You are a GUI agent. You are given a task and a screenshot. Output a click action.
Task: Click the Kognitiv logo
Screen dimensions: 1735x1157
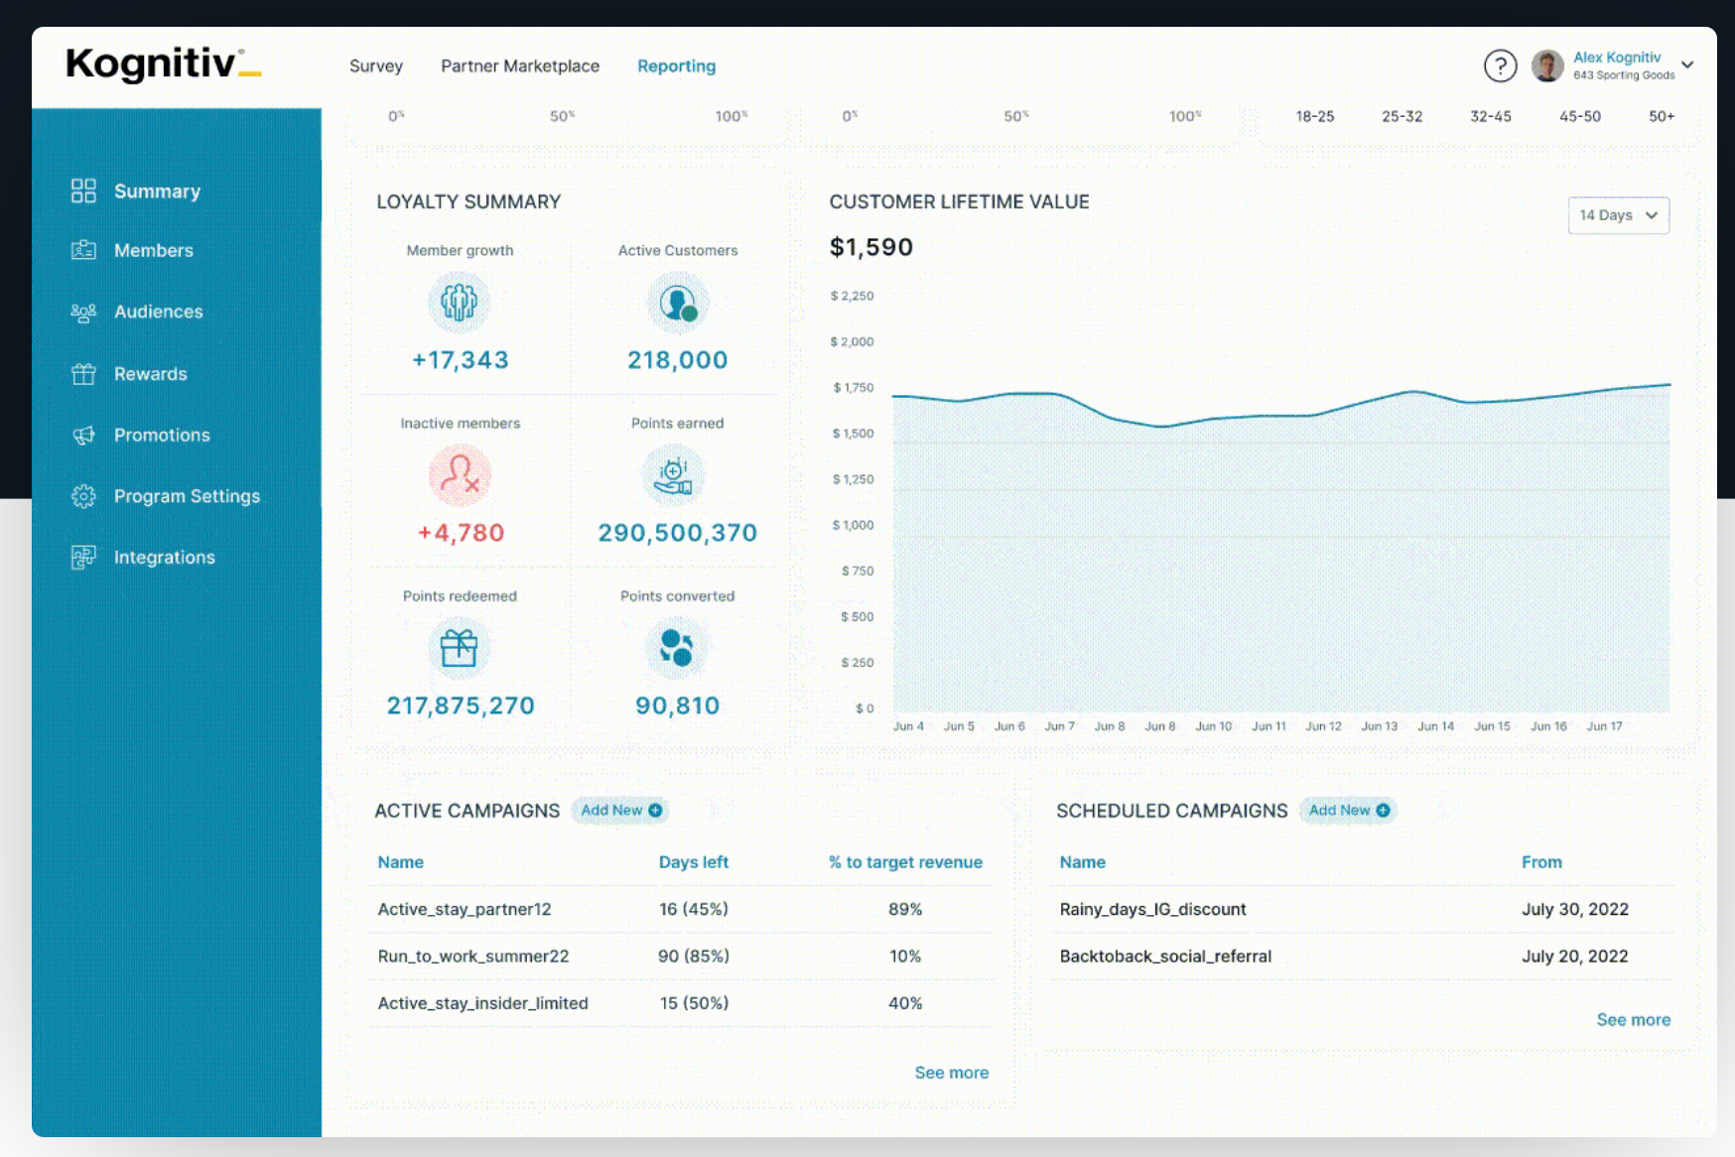coord(164,64)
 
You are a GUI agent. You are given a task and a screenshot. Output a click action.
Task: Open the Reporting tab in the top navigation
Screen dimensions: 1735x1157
coord(676,65)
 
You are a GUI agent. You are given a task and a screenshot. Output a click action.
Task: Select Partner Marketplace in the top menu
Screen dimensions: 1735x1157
coord(520,65)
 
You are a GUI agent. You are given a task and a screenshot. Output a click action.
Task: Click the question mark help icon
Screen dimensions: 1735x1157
coord(1500,66)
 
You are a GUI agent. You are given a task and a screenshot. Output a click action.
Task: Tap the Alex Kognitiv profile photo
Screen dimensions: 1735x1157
coord(1547,66)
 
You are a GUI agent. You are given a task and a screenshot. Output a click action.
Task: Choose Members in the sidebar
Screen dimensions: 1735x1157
coord(154,250)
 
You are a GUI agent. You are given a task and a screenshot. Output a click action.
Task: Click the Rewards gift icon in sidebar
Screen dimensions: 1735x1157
coord(83,374)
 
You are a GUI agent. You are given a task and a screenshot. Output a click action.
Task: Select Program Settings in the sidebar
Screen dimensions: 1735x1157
coord(187,496)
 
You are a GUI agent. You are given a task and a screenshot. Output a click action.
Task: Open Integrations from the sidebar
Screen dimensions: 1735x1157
coord(165,558)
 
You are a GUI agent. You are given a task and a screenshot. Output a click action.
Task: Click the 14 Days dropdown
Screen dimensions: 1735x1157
coord(1618,215)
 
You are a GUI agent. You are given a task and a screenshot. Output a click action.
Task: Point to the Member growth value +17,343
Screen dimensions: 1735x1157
coord(461,360)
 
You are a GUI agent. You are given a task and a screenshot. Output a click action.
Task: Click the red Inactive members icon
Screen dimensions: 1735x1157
coord(460,474)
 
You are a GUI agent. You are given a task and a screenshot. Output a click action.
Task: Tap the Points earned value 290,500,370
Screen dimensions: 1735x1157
coord(678,533)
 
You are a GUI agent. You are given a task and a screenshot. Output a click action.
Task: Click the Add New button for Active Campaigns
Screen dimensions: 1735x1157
coord(620,811)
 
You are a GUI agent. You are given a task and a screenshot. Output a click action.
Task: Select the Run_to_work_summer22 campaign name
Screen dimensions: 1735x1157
coord(473,957)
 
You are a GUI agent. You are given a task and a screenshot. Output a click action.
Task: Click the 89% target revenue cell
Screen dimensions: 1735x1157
coord(905,909)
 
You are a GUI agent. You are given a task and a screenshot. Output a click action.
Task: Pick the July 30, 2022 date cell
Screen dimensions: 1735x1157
coord(1575,909)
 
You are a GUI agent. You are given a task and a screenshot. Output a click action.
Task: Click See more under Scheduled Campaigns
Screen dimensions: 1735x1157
coord(1634,1020)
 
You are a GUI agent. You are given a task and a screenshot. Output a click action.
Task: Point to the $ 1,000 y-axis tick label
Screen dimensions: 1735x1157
coord(854,525)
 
